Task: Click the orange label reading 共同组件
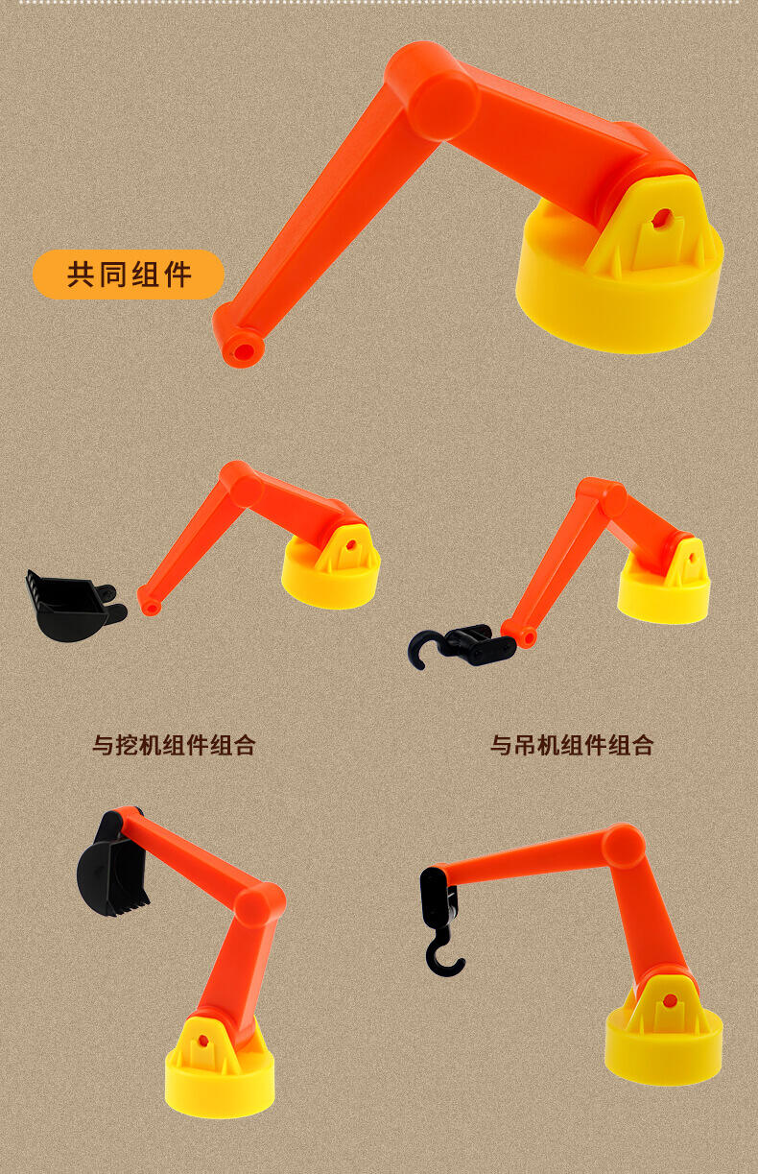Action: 129,275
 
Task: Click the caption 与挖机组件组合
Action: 174,745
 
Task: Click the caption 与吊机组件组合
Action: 572,745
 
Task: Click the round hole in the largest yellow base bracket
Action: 662,216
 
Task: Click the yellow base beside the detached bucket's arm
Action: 331,568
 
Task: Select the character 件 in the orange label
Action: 177,275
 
